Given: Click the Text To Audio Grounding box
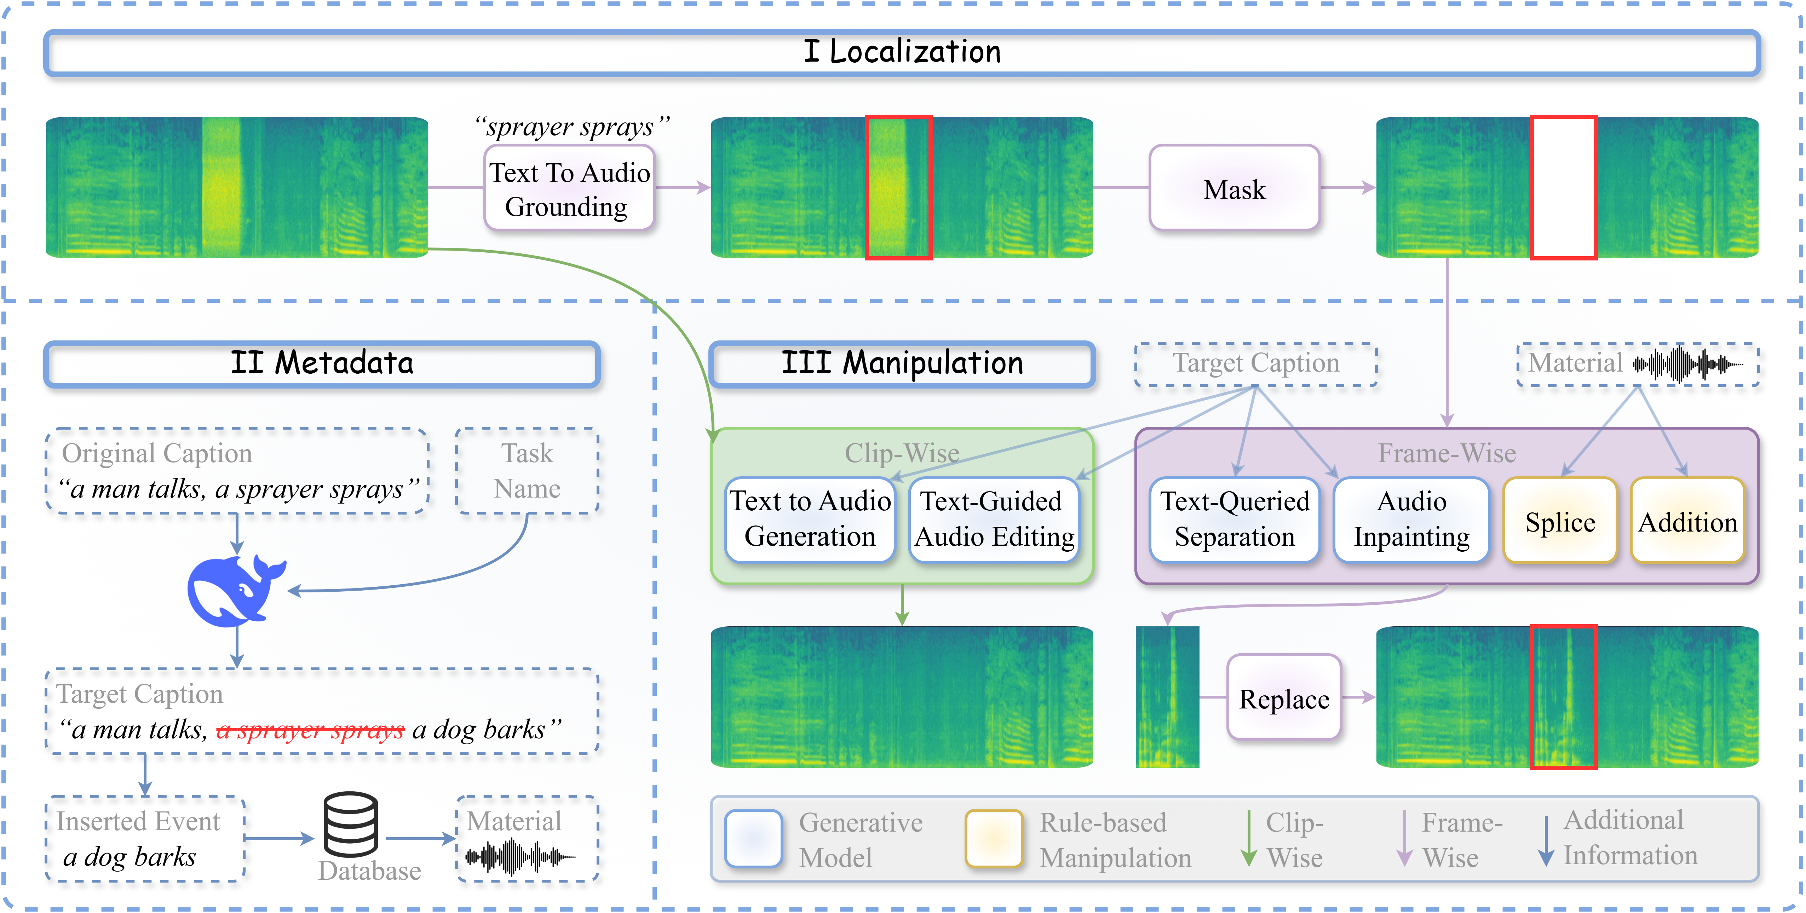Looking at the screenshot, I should coord(569,188).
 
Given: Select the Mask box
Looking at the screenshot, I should coord(1234,188).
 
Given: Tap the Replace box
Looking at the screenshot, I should coord(1284,698).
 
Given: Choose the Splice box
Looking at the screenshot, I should coord(1560,520).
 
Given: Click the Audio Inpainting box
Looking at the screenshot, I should coord(1411,520).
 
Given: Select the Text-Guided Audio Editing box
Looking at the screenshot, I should coord(994,520).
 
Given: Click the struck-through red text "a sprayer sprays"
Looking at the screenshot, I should coord(311,730).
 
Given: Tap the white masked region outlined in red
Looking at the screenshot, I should coord(1563,188).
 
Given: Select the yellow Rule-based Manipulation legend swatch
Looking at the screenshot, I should coord(994,839).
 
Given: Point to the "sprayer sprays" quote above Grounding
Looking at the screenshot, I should coord(571,127).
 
